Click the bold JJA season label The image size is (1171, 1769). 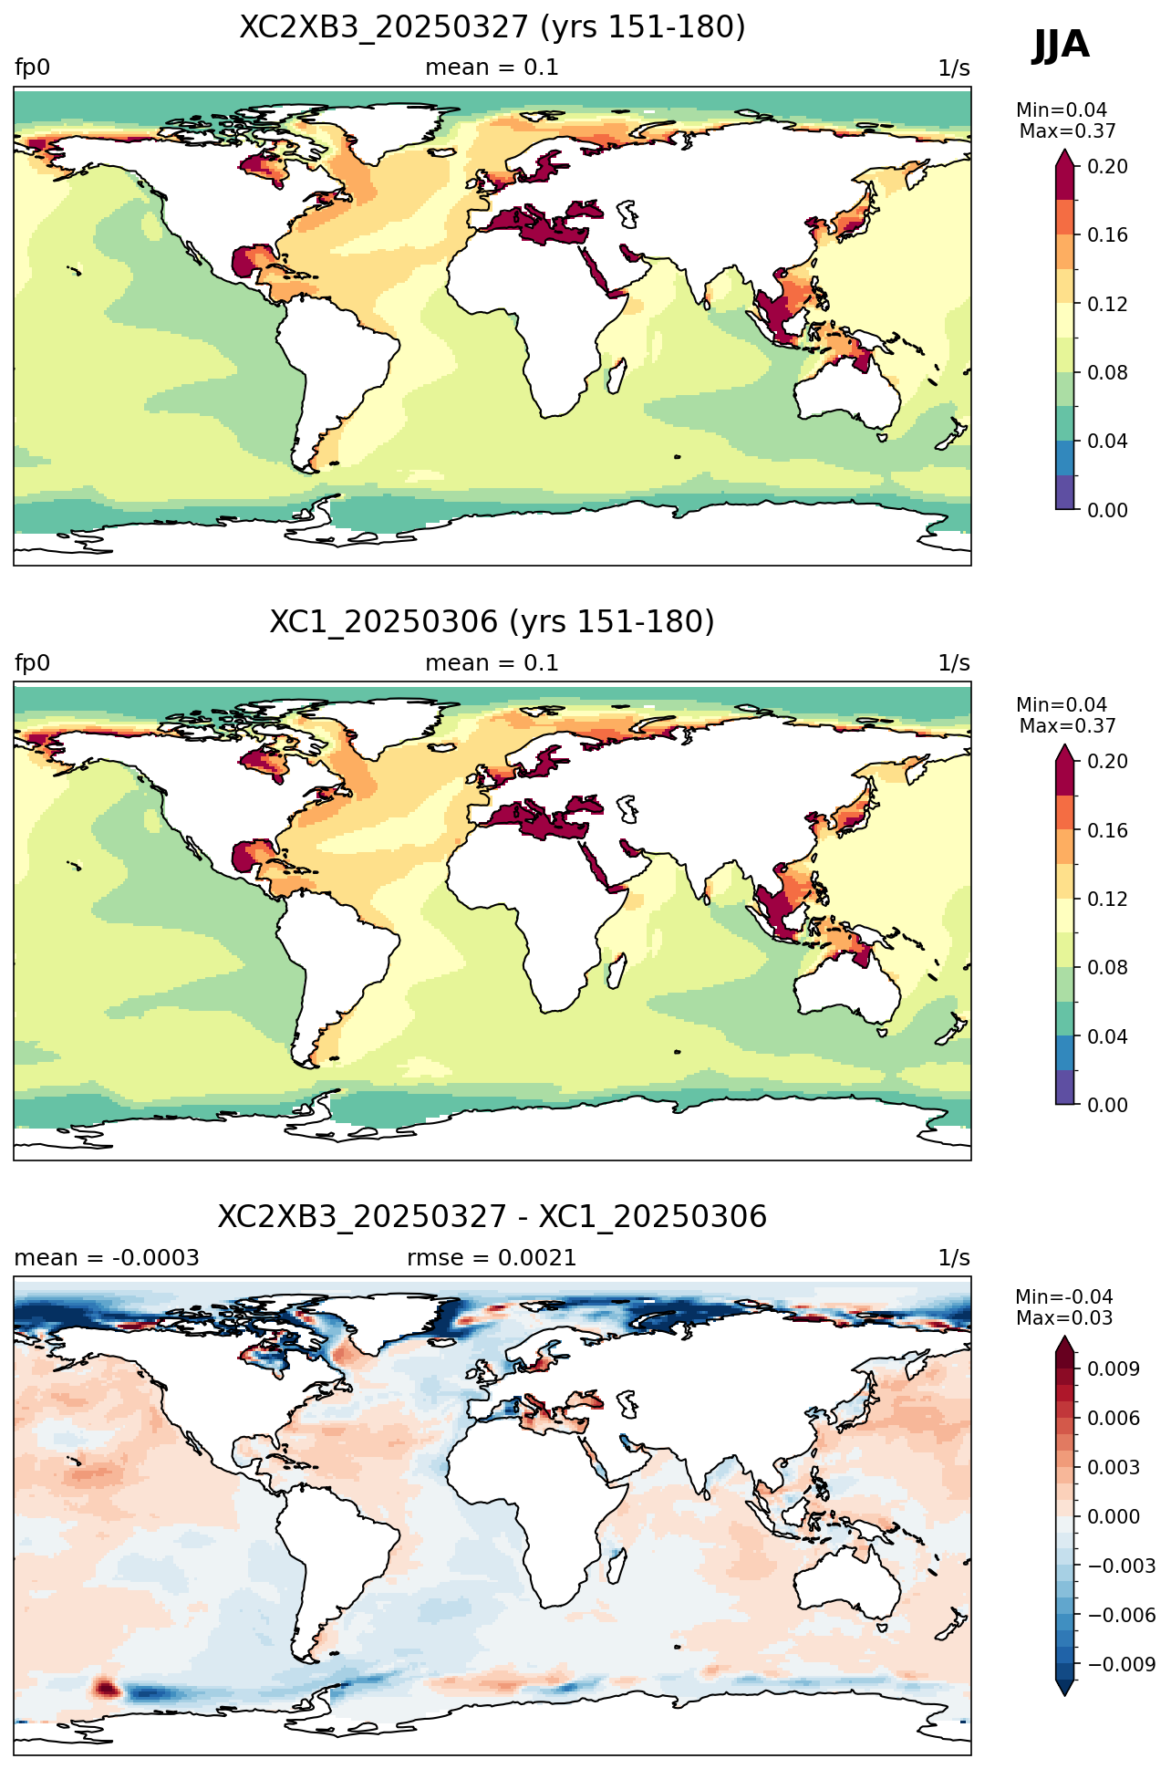click(1061, 45)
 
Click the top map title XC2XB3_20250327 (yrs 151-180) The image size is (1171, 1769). click(492, 27)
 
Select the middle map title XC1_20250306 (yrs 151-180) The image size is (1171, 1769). click(492, 622)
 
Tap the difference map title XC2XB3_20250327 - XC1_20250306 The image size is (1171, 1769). click(492, 1217)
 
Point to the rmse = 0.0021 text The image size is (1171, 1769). click(492, 1258)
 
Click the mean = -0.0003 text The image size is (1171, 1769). click(107, 1258)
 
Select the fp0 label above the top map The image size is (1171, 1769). click(32, 68)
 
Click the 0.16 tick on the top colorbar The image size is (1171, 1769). click(1107, 235)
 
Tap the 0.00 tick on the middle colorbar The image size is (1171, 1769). click(1107, 1105)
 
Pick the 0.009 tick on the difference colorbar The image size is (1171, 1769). click(1113, 1368)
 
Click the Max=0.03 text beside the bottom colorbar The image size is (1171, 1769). click(1064, 1318)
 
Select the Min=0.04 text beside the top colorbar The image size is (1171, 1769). click(1062, 110)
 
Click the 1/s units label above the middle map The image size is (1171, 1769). click(954, 663)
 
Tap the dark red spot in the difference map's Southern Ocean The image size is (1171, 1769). click(107, 1689)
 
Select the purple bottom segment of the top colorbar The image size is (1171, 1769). click(1065, 493)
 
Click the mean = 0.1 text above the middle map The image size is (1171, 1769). click(492, 663)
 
